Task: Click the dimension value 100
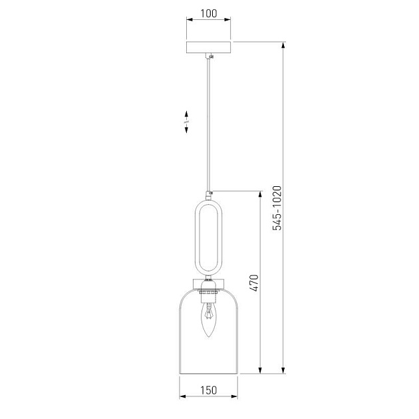click(208, 13)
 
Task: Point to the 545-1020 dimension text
click(277, 208)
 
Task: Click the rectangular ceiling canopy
click(209, 49)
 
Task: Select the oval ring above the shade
click(209, 236)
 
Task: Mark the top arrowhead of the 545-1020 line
click(284, 45)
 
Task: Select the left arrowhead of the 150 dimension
click(183, 399)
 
